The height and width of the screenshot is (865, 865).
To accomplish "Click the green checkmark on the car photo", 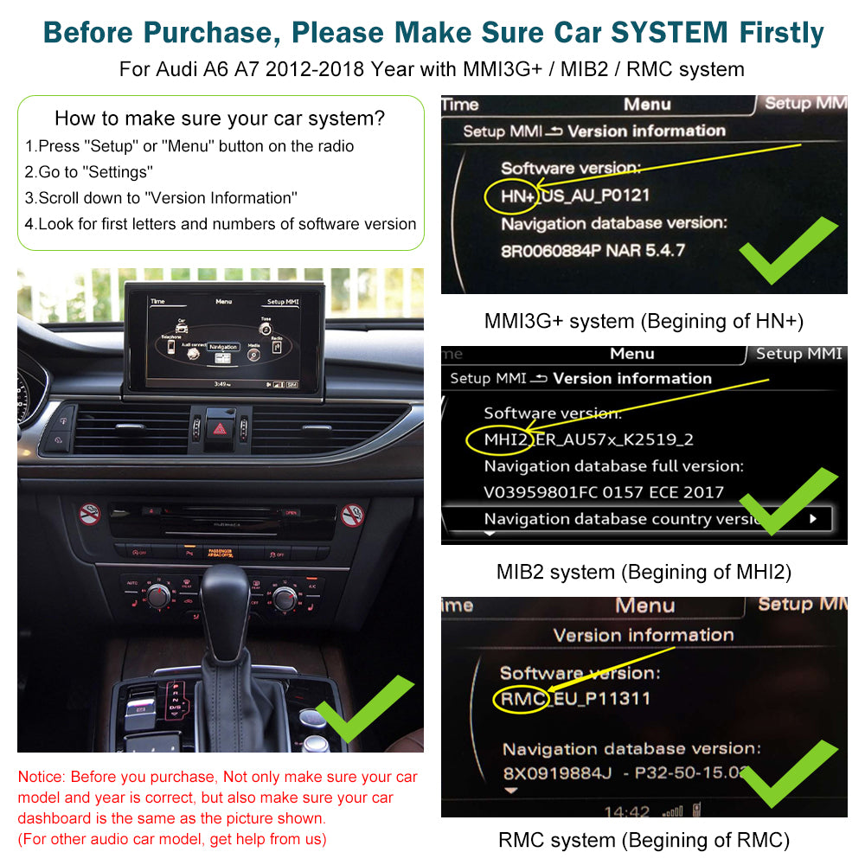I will coord(364,708).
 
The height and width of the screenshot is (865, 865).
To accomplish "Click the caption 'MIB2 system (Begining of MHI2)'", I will coord(644,572).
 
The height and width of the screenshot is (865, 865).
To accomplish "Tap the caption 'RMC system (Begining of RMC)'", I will coord(644,839).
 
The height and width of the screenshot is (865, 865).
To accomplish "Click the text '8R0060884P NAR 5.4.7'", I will coord(593,251).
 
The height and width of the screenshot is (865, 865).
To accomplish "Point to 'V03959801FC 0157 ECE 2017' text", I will coord(604,492).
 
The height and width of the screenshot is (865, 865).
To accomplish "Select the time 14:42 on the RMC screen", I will coord(626,811).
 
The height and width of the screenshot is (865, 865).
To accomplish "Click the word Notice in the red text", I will coord(41,777).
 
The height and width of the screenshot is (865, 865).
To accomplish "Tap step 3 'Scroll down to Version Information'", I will coord(161,198).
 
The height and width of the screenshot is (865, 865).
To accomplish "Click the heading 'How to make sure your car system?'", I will coord(220,119).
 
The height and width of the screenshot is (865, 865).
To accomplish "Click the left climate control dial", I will coord(159,595).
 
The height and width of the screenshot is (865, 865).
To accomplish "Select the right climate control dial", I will coord(285,597).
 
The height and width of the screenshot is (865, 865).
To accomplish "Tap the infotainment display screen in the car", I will coord(224,338).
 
